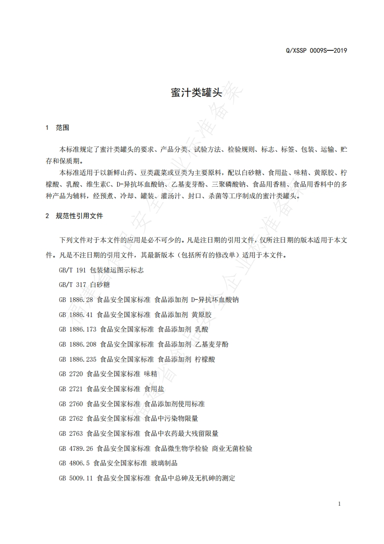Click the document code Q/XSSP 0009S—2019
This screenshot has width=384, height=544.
pos(317,50)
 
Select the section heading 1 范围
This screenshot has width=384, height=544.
pos(57,128)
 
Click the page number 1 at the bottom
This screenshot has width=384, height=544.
pos(339,504)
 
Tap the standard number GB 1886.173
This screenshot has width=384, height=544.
pos(77,330)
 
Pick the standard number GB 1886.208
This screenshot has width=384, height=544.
pos(77,344)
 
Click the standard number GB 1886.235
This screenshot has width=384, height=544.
pos(77,359)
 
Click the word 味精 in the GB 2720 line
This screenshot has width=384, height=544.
pos(151,374)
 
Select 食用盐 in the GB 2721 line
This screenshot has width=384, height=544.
pos(154,389)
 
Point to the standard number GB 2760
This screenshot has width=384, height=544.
pos(71,404)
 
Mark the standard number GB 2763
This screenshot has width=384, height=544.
pos(71,433)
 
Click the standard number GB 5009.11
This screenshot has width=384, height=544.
pos(76,478)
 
